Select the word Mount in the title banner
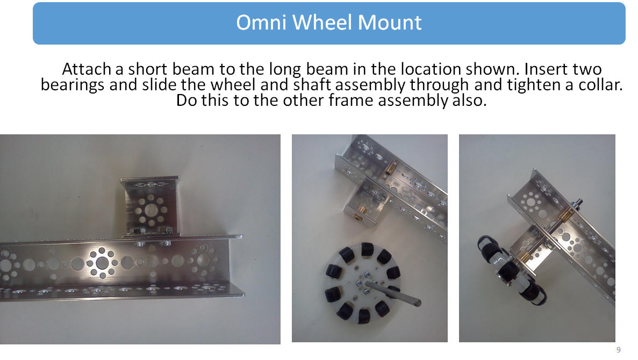pos(389,23)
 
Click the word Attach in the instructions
pos(86,69)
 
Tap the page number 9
pos(619,350)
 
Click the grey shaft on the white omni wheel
pos(393,292)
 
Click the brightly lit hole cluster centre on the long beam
pos(102,263)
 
